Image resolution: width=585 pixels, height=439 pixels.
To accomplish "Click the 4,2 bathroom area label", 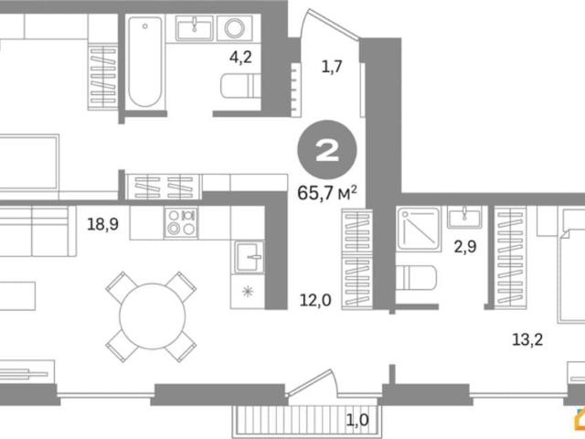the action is point(240,58).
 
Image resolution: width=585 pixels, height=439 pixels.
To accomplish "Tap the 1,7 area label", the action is point(332,67).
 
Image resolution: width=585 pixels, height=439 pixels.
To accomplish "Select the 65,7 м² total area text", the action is point(327,194).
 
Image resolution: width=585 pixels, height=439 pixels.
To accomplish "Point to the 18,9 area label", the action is point(102,224).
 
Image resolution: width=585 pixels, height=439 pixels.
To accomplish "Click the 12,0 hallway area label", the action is point(315,300).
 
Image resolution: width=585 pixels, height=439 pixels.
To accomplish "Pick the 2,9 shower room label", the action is point(465,247).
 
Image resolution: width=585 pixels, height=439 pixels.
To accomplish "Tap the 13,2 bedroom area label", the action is point(527,339).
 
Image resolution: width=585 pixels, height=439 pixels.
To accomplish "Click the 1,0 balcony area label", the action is point(357,421).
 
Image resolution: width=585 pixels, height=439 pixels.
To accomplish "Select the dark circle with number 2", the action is point(327,150).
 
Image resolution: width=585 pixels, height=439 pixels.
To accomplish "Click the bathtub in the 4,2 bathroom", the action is point(145,62).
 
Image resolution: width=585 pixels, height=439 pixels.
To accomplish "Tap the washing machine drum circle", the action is point(235,28).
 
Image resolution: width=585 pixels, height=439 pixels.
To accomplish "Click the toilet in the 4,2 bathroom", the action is point(240,86).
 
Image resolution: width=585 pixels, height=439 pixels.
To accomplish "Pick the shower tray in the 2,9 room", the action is point(419,229).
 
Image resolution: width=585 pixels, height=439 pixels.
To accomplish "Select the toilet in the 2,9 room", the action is point(416,278).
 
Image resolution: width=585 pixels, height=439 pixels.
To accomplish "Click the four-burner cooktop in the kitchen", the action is point(181,221).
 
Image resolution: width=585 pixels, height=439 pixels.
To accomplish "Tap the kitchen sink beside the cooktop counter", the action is point(249,257).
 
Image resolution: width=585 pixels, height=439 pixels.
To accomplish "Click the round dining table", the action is point(153,316).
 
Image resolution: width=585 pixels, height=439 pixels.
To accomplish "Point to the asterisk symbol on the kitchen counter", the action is point(248,292).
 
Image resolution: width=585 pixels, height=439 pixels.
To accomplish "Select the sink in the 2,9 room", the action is point(464,218).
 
